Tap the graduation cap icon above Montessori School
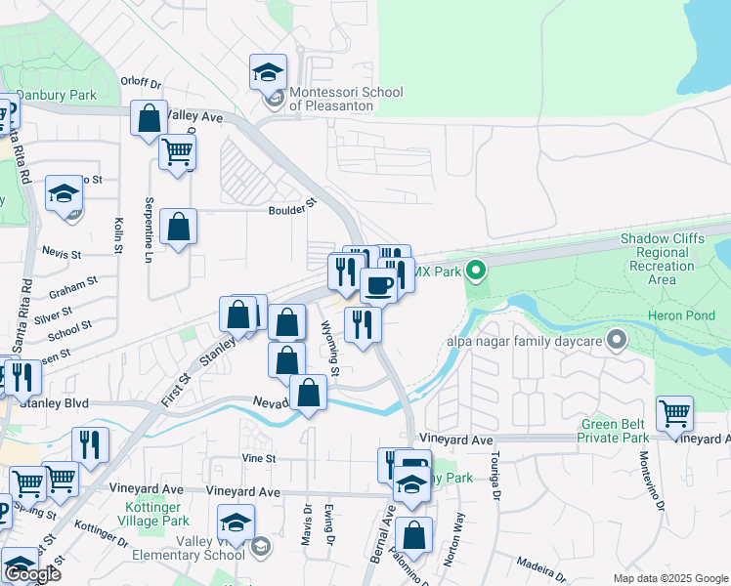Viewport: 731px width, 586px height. click(268, 72)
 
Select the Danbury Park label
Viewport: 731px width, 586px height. click(60, 95)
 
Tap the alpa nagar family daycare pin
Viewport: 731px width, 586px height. click(616, 340)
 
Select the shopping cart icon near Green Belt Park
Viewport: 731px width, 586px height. click(674, 414)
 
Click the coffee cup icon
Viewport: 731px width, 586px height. click(378, 285)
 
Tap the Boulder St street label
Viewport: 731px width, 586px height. click(294, 208)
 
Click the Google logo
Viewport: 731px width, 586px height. click(31, 573)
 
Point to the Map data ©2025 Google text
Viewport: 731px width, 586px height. click(669, 578)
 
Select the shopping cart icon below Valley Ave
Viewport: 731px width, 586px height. click(177, 152)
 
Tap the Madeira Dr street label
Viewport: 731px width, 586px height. click(543, 567)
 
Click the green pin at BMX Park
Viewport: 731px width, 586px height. click(476, 270)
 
